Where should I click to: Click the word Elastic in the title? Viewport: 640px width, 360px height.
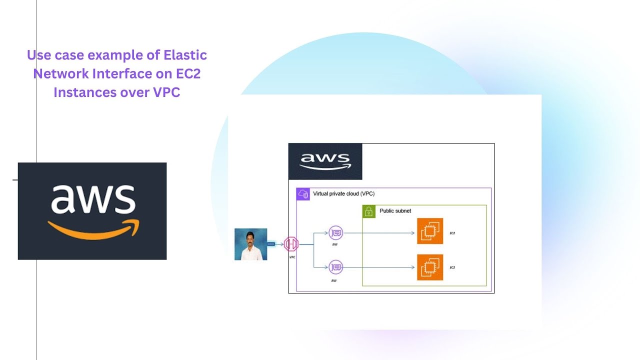click(x=185, y=54)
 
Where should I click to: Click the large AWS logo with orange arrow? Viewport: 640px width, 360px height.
click(x=92, y=210)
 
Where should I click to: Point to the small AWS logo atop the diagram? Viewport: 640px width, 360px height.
click(x=325, y=161)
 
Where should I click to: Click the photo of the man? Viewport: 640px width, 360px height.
click(x=250, y=244)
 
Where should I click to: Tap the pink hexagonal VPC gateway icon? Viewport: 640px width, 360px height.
click(x=291, y=244)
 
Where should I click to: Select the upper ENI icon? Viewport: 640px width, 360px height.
click(x=335, y=232)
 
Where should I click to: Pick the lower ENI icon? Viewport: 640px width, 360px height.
click(x=335, y=267)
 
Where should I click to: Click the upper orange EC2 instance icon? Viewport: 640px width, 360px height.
click(x=430, y=231)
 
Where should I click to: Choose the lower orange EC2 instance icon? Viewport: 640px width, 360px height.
click(x=430, y=267)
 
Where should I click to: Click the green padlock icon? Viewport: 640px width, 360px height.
click(x=368, y=211)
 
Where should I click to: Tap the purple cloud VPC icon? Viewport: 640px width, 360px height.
click(x=303, y=194)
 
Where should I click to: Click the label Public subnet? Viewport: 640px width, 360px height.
click(x=395, y=211)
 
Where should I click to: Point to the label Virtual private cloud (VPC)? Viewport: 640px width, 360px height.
click(x=343, y=193)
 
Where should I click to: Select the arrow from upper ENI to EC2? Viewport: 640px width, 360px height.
click(x=380, y=232)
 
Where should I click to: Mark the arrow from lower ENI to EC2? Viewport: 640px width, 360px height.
click(x=380, y=267)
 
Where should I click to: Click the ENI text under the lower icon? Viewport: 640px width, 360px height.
click(x=333, y=281)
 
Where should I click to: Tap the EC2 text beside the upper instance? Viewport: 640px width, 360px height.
click(x=452, y=233)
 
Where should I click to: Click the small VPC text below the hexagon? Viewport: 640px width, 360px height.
click(x=292, y=257)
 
